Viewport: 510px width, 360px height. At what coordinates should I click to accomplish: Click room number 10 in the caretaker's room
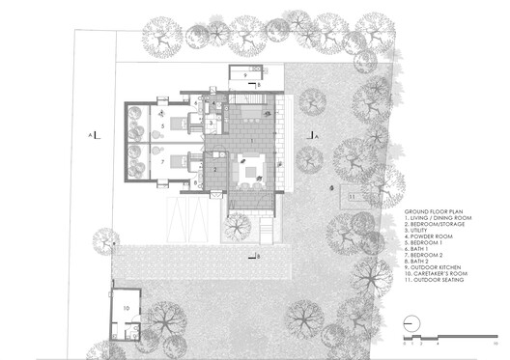[126, 308]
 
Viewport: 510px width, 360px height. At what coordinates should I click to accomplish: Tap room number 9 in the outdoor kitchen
[244, 74]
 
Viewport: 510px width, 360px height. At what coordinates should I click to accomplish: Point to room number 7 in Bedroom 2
[163, 160]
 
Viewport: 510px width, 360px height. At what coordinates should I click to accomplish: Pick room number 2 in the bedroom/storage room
[215, 169]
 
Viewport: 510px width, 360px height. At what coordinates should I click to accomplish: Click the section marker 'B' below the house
[257, 256]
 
